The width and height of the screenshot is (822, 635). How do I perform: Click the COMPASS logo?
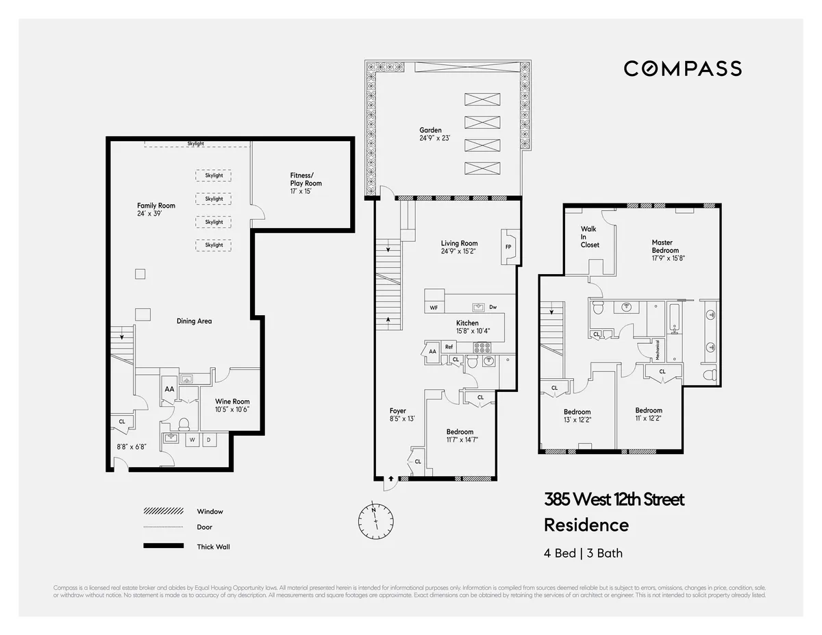coord(682,69)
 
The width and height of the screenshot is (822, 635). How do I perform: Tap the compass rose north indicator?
coord(374,510)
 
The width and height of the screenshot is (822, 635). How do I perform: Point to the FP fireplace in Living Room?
coord(508,247)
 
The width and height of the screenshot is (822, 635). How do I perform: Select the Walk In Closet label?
coord(589,237)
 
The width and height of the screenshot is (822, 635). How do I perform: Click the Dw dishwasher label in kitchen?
coord(493,307)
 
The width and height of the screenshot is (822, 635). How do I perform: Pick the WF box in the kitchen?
coord(434,308)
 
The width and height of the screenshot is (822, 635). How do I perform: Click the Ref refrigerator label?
coord(449,347)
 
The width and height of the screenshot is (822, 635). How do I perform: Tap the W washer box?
coord(192,440)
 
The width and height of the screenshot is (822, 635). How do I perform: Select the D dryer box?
coord(209,440)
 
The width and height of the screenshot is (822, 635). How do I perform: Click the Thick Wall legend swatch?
coord(163,546)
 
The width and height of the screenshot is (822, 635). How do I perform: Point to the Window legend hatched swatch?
coord(163,511)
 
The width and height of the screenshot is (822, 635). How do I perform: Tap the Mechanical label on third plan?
coord(658,350)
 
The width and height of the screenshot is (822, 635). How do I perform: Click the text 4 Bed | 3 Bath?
coord(583,553)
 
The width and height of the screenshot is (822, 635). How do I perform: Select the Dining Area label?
coord(194,321)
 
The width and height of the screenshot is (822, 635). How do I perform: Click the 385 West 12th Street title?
coord(614,499)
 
